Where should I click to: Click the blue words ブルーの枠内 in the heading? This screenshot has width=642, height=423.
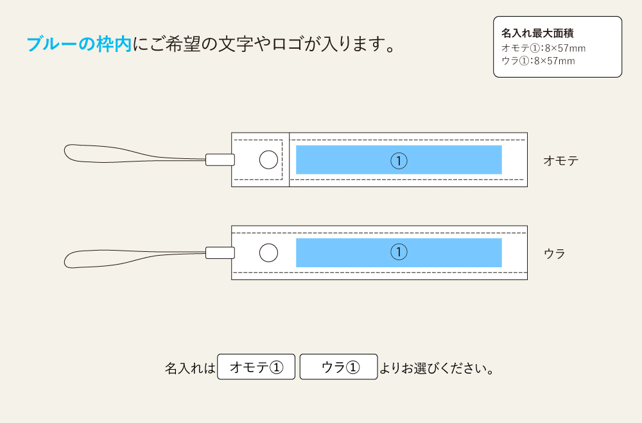point(78,44)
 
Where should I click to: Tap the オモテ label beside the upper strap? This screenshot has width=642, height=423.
point(561,161)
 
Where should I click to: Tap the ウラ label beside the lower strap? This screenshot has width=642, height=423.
point(555,254)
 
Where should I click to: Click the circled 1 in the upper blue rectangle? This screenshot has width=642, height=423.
point(399,160)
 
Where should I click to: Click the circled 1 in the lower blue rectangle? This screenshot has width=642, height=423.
point(399,253)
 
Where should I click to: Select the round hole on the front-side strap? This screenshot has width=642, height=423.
point(268,160)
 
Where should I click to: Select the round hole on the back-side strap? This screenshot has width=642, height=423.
point(268,253)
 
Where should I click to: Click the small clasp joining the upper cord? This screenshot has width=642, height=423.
point(218,160)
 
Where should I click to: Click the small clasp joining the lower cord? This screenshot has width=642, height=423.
point(218,253)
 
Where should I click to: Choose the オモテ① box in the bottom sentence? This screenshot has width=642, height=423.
point(256,367)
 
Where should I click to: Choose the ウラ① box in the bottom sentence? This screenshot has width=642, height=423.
point(339,367)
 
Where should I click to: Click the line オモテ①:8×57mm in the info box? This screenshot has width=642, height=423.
point(543,48)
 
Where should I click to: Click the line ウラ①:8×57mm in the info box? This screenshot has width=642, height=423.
point(537,62)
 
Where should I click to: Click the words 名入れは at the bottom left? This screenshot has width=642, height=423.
point(190,369)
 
